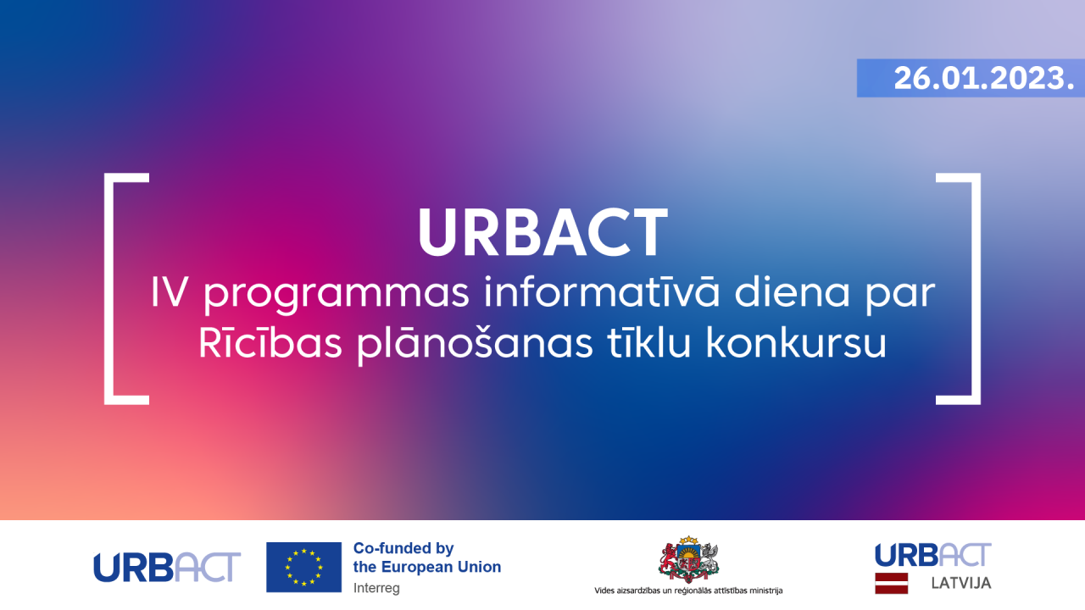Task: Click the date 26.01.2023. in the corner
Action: (984, 79)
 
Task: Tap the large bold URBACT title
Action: (543, 232)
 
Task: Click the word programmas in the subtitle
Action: (337, 294)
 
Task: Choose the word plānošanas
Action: (476, 344)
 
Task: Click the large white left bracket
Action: (108, 289)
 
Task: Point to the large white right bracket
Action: (976, 289)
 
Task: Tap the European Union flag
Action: (303, 567)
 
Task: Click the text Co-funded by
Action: (403, 548)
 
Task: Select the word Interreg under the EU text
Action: (376, 588)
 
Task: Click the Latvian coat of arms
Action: (688, 559)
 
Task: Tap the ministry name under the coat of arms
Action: (688, 591)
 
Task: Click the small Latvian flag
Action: (891, 583)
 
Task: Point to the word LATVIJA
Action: (961, 583)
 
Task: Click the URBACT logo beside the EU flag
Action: (167, 567)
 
